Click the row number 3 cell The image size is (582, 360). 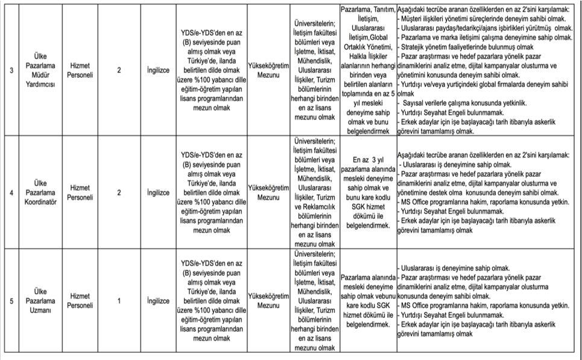coord(12,71)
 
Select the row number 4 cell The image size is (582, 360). coord(12,193)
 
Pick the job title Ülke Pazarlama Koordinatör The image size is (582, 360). coord(40,193)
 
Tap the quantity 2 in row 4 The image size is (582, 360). coord(119,193)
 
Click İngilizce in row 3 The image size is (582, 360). coord(158,71)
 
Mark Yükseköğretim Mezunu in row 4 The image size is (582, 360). coord(268,193)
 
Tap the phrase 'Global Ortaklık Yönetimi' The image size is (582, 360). coord(367,43)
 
